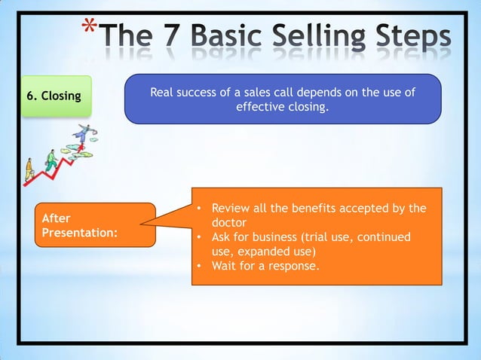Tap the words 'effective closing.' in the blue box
pos(283,107)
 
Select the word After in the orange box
pos(57,218)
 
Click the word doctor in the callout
pos(229,223)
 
